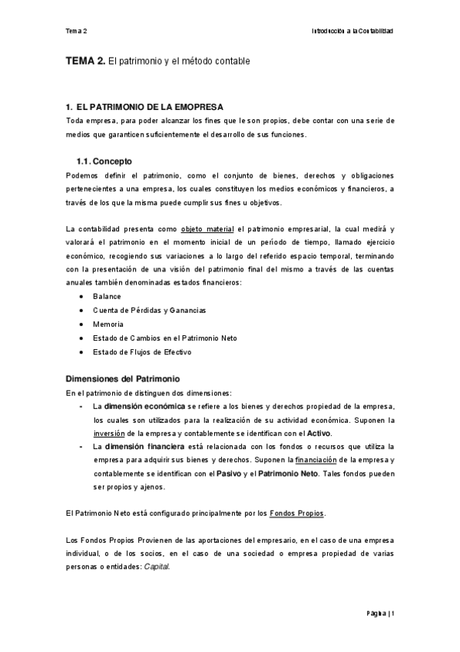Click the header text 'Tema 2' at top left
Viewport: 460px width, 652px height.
click(76, 32)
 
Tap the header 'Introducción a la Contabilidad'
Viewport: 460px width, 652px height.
click(352, 32)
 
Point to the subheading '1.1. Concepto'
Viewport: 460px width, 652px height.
click(104, 161)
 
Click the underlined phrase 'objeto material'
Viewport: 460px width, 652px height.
click(207, 228)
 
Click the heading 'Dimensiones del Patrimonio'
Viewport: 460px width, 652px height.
click(123, 379)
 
